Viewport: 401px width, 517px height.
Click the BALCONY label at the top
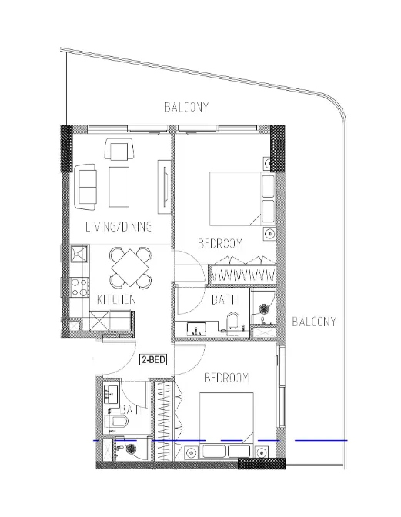tap(187, 107)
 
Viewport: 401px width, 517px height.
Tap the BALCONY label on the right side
tap(314, 322)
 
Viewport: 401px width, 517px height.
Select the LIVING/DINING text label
tap(118, 227)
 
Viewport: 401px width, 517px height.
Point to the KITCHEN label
tap(117, 299)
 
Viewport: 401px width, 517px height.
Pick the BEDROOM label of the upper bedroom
tap(221, 243)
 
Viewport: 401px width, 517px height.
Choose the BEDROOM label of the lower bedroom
tap(226, 378)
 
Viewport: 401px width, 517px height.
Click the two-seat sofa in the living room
tap(86, 187)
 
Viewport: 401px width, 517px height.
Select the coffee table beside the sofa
tap(119, 187)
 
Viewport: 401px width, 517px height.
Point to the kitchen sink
tap(78, 255)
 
